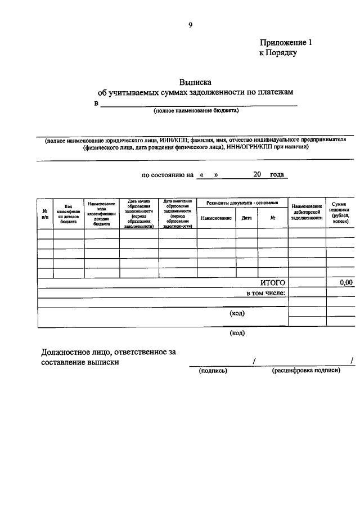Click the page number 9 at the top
[x=191, y=24]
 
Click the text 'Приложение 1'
[x=285, y=43]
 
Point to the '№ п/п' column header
[x=45, y=214]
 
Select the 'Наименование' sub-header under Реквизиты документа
[x=216, y=218]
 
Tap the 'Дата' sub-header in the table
[x=246, y=218]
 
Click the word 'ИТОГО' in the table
[x=273, y=283]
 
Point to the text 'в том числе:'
[x=266, y=293]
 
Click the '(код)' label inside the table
[x=237, y=314]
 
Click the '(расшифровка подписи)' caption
[x=306, y=371]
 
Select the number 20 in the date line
[x=257, y=174]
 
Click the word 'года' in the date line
[x=277, y=174]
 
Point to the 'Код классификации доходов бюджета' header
[x=69, y=214]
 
